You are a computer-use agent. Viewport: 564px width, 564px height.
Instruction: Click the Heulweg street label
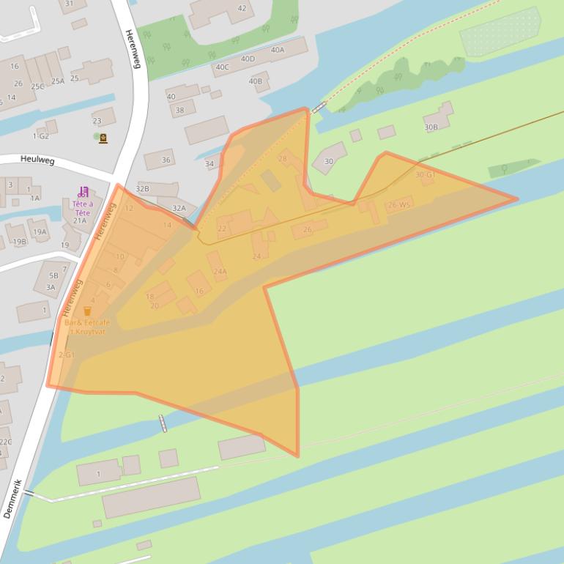click(x=34, y=159)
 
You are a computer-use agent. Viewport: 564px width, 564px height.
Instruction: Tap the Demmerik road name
click(x=12, y=499)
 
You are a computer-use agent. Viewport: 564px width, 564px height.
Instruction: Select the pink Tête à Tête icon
click(x=83, y=192)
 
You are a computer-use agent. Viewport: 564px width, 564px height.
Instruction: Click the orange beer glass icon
click(x=88, y=311)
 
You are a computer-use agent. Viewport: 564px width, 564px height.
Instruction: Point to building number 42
click(x=242, y=9)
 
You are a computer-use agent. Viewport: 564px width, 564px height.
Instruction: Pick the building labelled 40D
click(x=248, y=59)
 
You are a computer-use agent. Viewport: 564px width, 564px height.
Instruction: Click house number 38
click(x=179, y=111)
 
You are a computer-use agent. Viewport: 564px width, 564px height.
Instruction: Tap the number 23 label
click(x=97, y=121)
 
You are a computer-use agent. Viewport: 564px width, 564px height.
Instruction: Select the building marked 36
click(x=166, y=160)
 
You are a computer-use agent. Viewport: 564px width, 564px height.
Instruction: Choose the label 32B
click(x=142, y=189)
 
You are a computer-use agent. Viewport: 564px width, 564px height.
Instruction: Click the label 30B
click(x=431, y=127)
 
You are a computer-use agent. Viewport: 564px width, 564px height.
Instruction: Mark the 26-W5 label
click(x=399, y=205)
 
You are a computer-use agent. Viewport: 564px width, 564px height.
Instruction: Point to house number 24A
click(x=220, y=272)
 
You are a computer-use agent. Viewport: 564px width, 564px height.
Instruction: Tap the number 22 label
click(x=222, y=229)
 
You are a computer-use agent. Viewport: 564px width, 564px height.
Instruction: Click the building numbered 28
click(x=283, y=159)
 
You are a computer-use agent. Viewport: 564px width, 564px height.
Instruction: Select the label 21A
click(x=79, y=220)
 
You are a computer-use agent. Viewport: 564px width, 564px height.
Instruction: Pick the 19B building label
click(x=20, y=242)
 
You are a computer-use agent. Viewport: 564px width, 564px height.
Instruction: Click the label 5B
click(x=53, y=276)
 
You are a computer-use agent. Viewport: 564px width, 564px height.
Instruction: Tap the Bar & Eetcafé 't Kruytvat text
click(x=87, y=327)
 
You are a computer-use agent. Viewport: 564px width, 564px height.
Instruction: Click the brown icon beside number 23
click(x=103, y=138)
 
